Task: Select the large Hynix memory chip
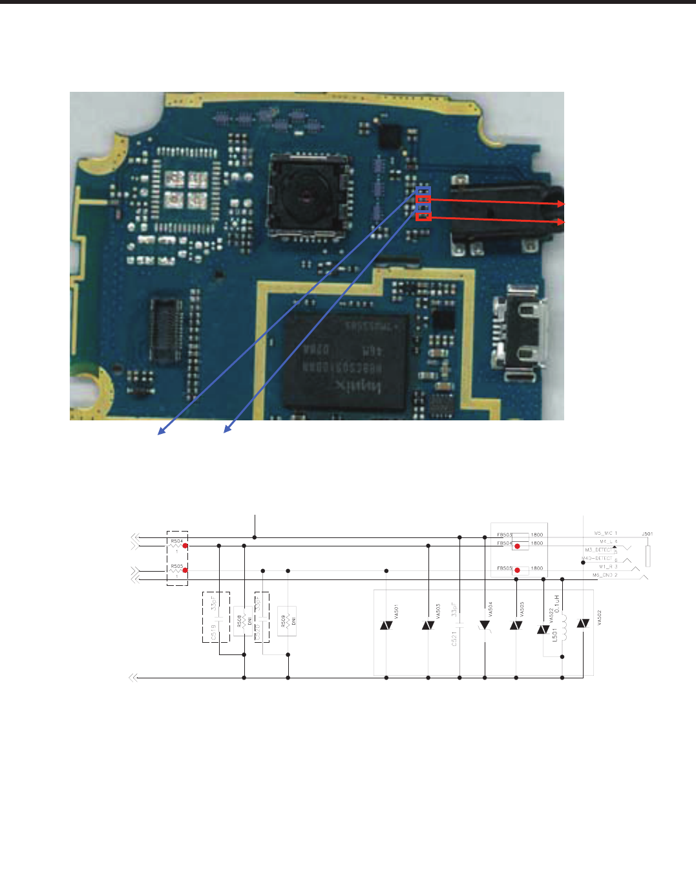coord(346,363)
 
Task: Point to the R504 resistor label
coord(176,541)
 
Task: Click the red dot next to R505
coord(185,570)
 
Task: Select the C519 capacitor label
coord(214,632)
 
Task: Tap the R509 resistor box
coord(287,621)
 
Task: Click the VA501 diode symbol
coord(386,625)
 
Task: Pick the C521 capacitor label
coord(454,635)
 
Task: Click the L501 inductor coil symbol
coord(562,625)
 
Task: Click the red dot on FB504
coord(517,546)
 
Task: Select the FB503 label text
coord(504,535)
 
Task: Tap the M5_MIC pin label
coord(606,534)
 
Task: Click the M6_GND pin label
coord(605,575)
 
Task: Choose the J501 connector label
coord(647,534)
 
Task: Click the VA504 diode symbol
coord(485,625)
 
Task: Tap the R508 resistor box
coord(243,621)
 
